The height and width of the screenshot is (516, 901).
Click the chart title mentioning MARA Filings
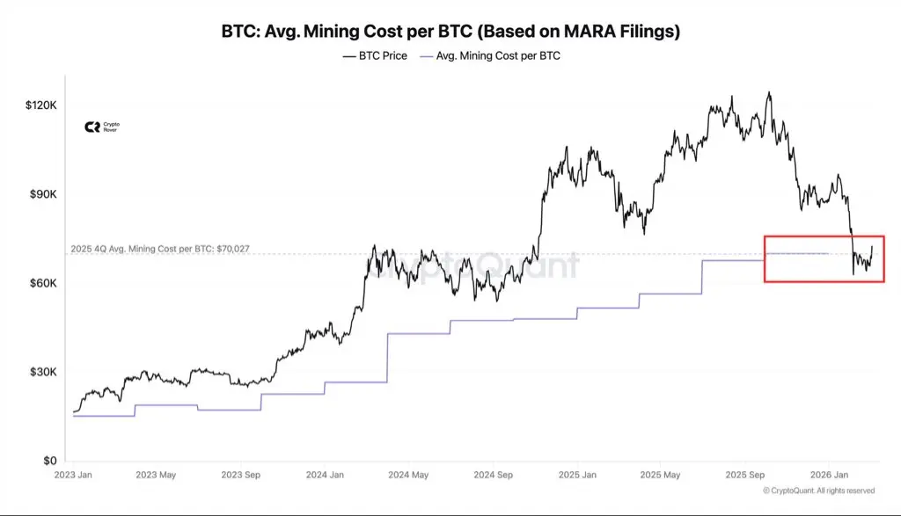coord(450,32)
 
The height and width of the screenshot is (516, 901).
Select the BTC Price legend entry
coord(374,56)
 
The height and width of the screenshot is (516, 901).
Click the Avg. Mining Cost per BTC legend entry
coord(493,56)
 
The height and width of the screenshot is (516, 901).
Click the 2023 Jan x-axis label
coord(73,475)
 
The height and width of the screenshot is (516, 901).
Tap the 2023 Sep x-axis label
coord(239,475)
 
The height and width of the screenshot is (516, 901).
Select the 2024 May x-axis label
coord(407,475)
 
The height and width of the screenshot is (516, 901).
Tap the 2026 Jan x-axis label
coord(828,475)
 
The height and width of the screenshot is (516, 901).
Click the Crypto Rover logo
coord(101,127)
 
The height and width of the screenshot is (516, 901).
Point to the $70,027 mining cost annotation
coord(159,249)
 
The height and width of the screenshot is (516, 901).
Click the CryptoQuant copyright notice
coord(818,491)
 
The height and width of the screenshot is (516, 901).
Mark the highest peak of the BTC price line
coord(769,92)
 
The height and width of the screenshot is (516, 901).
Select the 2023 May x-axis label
coord(156,475)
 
